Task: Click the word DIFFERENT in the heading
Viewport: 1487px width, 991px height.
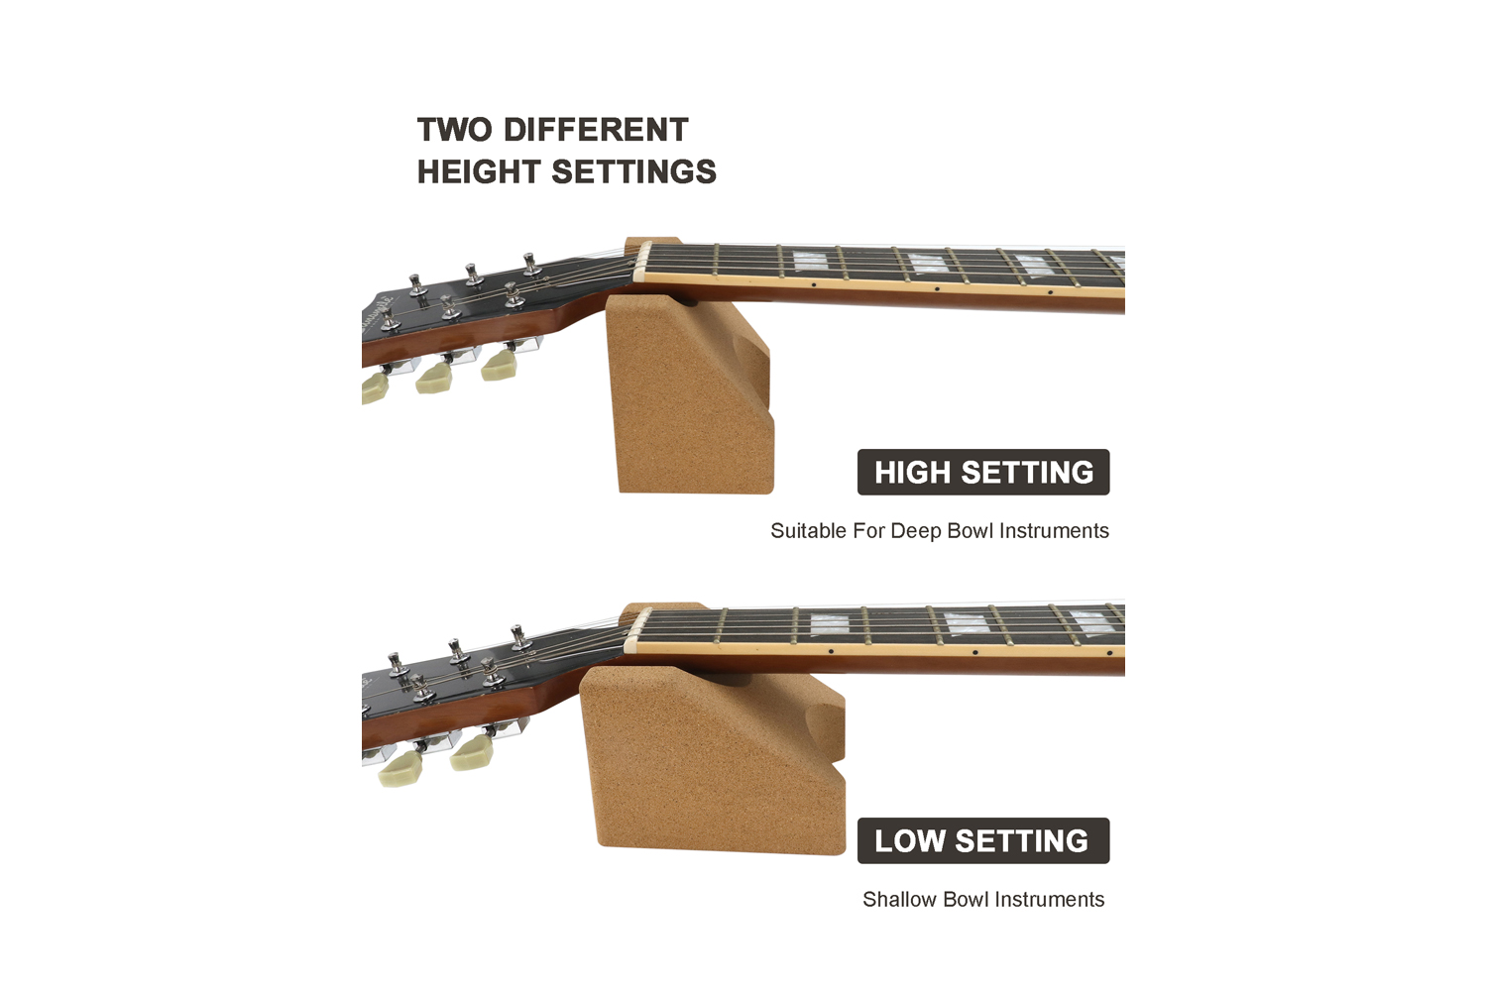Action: point(596,130)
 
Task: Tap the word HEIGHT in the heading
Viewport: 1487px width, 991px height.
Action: point(479,171)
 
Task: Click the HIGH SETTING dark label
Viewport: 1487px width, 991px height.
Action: point(983,472)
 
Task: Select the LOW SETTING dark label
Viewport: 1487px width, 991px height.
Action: point(983,840)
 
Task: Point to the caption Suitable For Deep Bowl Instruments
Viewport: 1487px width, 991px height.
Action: point(940,531)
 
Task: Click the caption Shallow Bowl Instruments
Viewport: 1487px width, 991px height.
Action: point(983,900)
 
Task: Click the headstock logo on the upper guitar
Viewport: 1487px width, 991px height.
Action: point(376,313)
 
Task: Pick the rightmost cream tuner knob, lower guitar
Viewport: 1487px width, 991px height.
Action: point(470,754)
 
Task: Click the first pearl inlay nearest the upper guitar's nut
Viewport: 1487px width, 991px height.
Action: point(810,261)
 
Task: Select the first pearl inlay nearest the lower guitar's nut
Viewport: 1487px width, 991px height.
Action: point(829,624)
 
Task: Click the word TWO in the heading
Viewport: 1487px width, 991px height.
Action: point(455,130)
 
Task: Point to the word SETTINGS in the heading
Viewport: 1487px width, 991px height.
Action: point(634,171)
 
